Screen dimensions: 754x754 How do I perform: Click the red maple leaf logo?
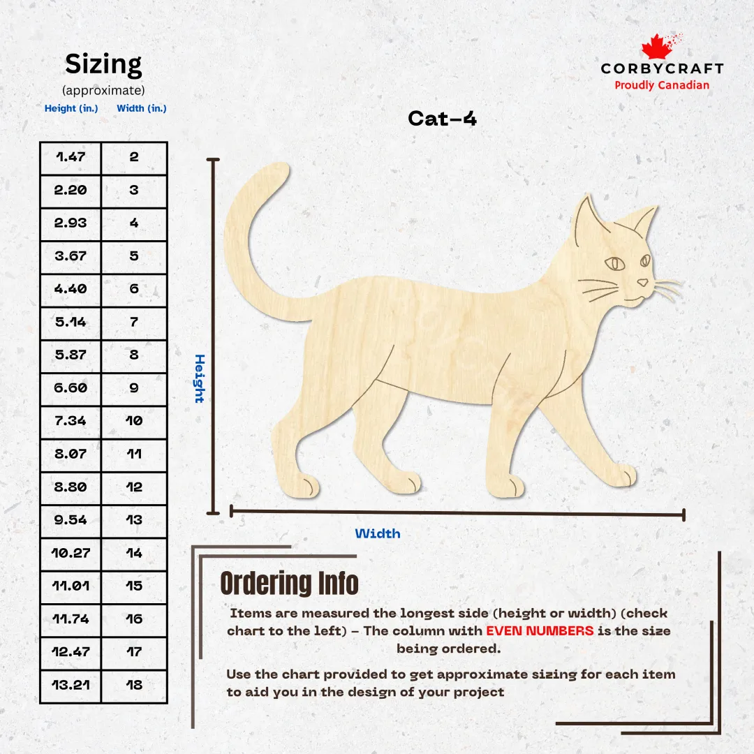[x=657, y=47]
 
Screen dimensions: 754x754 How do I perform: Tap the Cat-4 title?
[x=442, y=118]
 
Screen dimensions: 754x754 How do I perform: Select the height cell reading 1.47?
[x=71, y=157]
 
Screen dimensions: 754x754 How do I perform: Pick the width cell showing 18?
[x=134, y=685]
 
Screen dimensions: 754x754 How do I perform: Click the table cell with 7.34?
[x=71, y=421]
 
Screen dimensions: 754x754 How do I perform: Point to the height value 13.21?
[x=71, y=685]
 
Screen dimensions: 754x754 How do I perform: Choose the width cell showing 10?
[x=134, y=421]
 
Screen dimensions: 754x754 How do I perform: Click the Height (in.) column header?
[x=71, y=108]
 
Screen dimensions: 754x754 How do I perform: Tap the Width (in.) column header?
[x=142, y=108]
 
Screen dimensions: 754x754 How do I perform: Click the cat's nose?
[x=643, y=282]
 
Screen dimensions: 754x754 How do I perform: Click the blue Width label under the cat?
[x=378, y=533]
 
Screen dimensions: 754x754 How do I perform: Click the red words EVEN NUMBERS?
[x=540, y=630]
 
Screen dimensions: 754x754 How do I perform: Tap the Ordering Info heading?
[x=290, y=583]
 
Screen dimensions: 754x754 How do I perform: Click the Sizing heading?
[x=103, y=64]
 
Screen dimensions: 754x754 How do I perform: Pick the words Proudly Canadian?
[x=662, y=85]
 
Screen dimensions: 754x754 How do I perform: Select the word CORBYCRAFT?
[x=662, y=68]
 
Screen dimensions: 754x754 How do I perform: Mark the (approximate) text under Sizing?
[x=103, y=90]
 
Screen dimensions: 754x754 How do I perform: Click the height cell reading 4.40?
[x=71, y=288]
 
